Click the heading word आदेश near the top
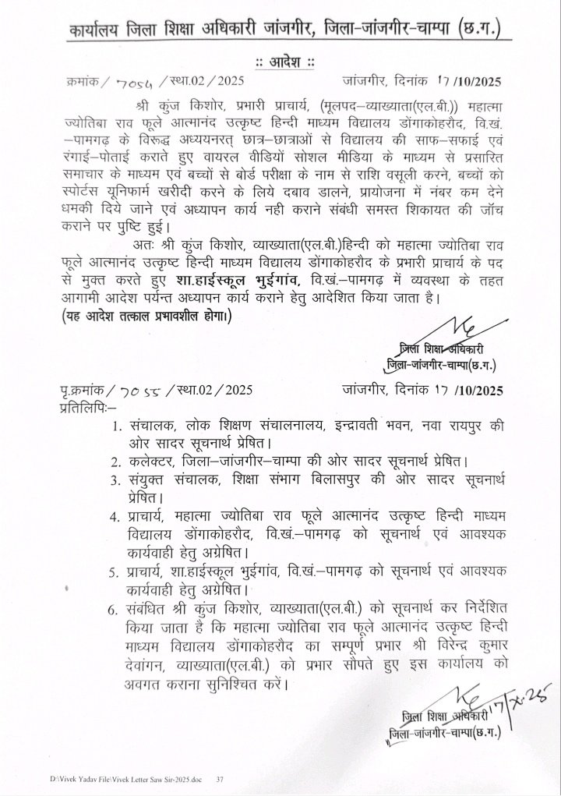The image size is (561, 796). [280, 62]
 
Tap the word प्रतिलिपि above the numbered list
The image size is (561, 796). [86, 408]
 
